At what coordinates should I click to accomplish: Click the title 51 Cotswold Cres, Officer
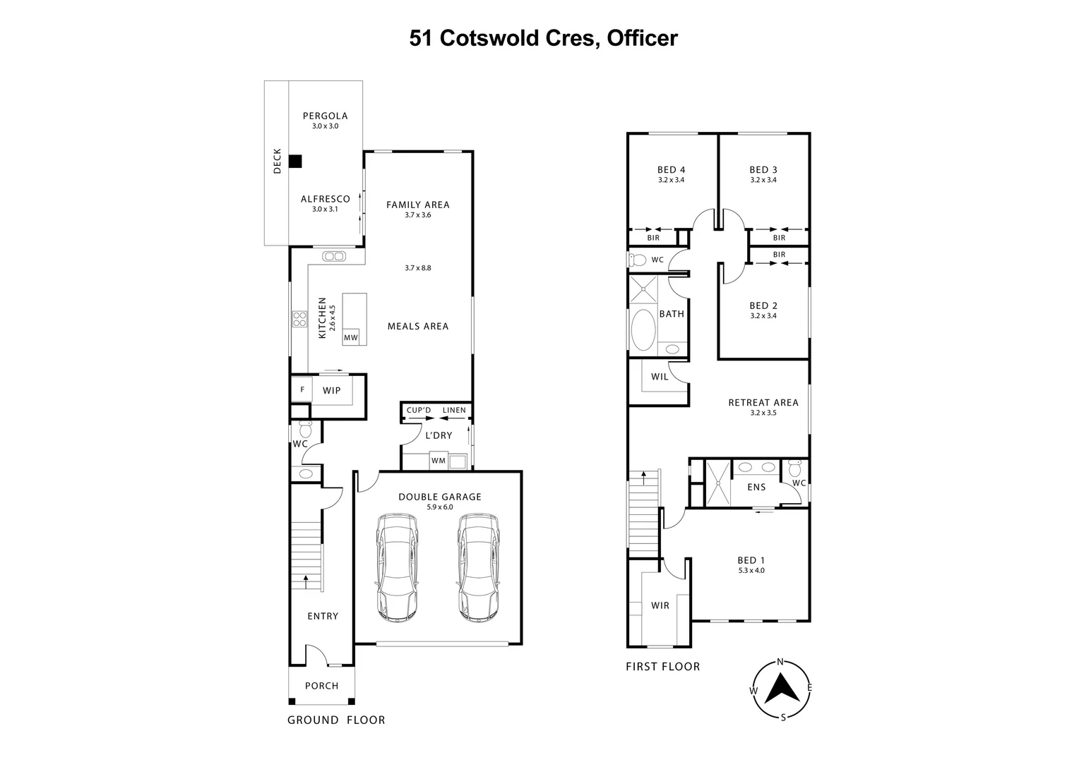[543, 38]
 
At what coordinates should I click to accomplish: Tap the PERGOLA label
[325, 116]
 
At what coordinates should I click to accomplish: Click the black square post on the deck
[295, 162]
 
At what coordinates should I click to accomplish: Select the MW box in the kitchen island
[351, 338]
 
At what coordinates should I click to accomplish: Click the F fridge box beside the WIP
[302, 389]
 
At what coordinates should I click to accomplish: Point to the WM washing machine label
[438, 461]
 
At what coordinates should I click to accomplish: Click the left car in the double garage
[396, 567]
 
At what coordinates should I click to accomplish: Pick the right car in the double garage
[478, 567]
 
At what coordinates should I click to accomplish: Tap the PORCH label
[321, 686]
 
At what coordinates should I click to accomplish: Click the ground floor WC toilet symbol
[306, 429]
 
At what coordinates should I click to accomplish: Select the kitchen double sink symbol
[333, 256]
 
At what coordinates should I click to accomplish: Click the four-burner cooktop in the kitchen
[299, 320]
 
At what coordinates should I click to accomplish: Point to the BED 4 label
[671, 170]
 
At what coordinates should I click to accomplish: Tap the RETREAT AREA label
[763, 403]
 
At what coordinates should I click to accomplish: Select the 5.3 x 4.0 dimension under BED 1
[750, 570]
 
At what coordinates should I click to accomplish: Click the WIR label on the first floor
[660, 605]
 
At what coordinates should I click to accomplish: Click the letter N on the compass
[780, 662]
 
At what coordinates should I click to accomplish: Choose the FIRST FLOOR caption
[662, 667]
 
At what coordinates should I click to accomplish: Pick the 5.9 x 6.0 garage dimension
[439, 507]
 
